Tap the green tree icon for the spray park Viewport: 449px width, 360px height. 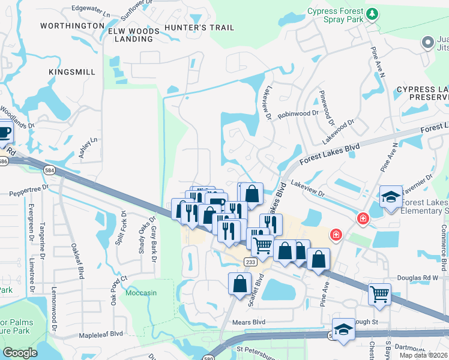(372, 13)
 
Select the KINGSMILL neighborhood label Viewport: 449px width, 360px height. (72, 72)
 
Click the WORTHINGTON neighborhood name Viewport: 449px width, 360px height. (72, 26)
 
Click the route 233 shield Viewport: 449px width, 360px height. (251, 262)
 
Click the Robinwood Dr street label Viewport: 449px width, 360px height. (298, 113)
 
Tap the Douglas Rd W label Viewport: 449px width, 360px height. (419, 278)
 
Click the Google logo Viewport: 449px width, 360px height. (20, 353)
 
